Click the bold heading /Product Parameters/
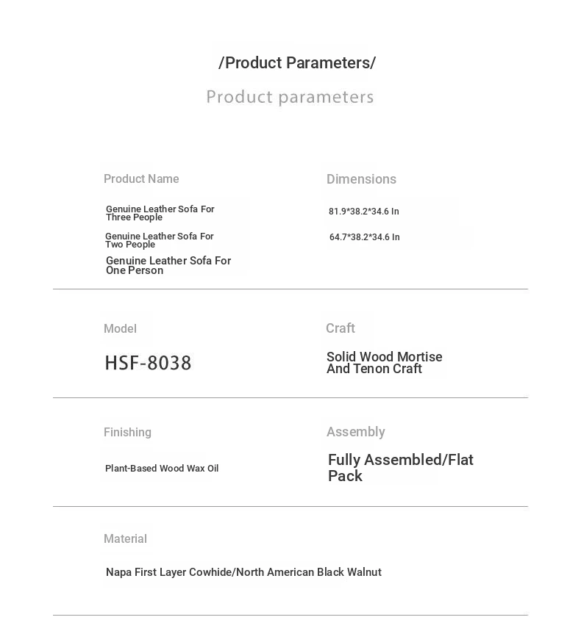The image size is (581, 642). point(297,63)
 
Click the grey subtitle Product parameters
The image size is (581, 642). point(290,97)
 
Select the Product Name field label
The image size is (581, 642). point(141,179)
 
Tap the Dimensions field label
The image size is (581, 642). point(361,179)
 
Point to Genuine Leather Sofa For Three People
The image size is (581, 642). point(160,213)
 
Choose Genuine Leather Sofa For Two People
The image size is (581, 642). point(159,240)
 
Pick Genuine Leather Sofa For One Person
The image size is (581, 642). point(168,265)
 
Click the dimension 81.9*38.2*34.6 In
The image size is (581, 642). point(363,212)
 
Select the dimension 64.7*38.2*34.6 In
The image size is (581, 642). point(364,237)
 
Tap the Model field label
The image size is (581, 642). point(120,329)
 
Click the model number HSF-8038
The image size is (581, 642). point(148,363)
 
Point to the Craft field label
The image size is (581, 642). point(341,328)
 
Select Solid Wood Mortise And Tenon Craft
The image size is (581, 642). point(384,363)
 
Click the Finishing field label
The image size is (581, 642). point(127,433)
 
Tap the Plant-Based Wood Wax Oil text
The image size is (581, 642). point(162,469)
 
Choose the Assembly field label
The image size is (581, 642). point(355,432)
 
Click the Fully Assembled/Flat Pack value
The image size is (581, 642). point(400,468)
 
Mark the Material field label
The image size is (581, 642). point(125,539)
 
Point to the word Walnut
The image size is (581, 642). point(363,572)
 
